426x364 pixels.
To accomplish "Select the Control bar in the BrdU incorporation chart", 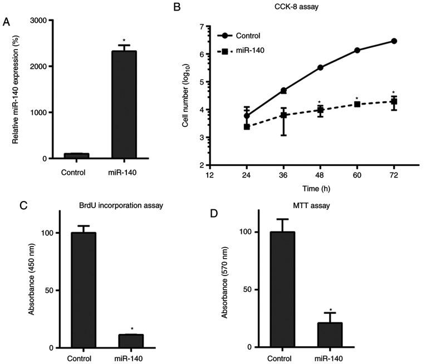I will pos(84,290).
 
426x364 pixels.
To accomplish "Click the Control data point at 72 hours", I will pos(394,41).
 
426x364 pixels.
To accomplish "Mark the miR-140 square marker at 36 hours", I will pos(283,115).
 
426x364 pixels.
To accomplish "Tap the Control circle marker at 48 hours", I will pos(320,67).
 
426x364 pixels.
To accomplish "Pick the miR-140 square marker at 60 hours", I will pos(357,104).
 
